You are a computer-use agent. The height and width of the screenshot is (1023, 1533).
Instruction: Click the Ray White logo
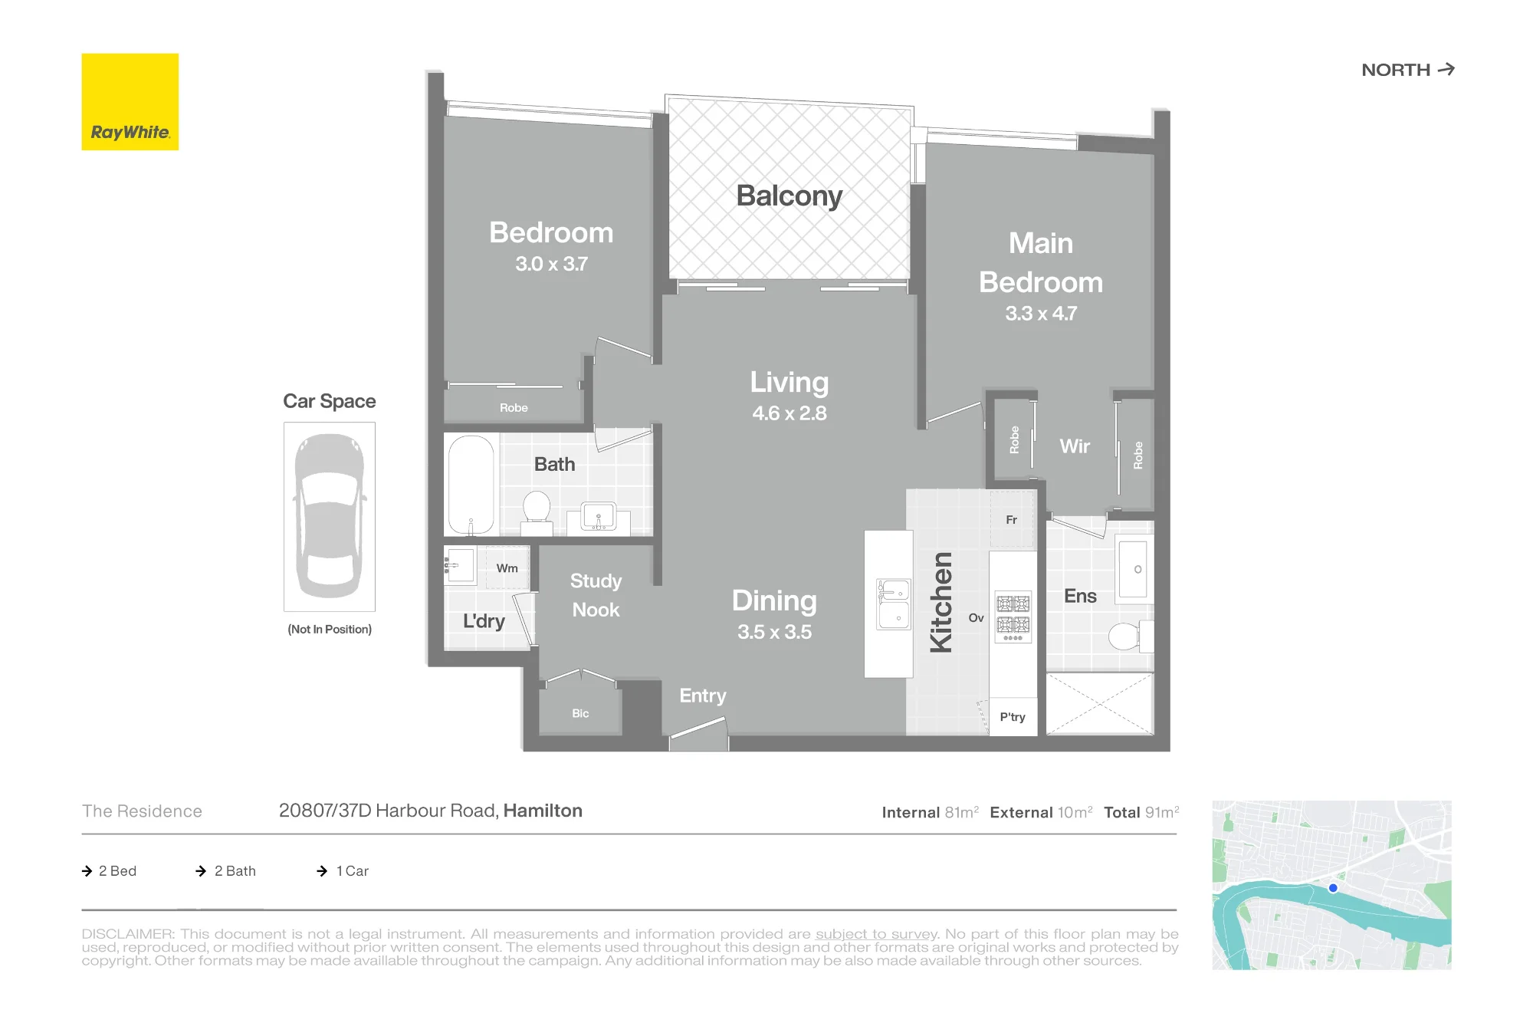pyautogui.click(x=130, y=102)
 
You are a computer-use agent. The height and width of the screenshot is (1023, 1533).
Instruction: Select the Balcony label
pyautogui.click(x=789, y=196)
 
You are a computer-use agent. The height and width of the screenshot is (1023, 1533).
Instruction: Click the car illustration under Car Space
pyautogui.click(x=330, y=516)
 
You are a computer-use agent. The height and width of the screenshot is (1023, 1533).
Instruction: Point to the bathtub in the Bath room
pyautogui.click(x=471, y=485)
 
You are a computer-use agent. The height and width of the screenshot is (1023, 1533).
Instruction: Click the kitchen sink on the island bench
pyautogui.click(x=894, y=604)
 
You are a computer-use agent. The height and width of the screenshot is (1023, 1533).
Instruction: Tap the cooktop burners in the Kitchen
pyautogui.click(x=1013, y=617)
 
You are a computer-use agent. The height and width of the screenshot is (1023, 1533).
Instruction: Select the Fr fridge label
pyautogui.click(x=1012, y=520)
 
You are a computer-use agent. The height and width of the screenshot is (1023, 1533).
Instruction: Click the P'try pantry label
pyautogui.click(x=1013, y=717)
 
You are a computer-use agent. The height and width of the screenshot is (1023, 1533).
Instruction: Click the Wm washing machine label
pyautogui.click(x=507, y=568)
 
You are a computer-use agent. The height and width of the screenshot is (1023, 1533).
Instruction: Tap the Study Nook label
pyautogui.click(x=596, y=595)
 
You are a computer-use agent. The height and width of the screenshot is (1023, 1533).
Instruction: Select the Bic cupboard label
pyautogui.click(x=580, y=713)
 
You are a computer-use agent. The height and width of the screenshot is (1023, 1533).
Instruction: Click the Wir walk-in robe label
pyautogui.click(x=1075, y=446)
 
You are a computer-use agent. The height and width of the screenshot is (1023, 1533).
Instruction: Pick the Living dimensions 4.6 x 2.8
pyautogui.click(x=789, y=413)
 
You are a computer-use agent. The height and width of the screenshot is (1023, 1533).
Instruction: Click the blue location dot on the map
pyautogui.click(x=1333, y=888)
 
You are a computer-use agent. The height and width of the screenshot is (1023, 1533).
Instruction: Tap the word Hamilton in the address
pyautogui.click(x=543, y=811)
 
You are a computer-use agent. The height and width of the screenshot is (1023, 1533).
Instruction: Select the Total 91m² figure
pyautogui.click(x=1141, y=812)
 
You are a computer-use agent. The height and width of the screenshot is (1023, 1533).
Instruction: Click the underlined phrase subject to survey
pyautogui.click(x=876, y=934)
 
